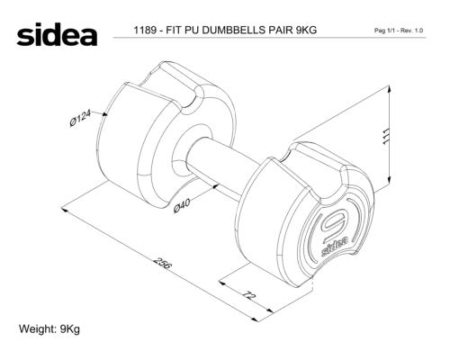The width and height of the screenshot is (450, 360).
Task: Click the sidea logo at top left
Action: click(x=57, y=34)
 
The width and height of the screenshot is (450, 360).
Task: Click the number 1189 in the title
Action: click(x=145, y=30)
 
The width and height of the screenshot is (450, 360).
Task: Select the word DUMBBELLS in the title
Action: click(x=234, y=30)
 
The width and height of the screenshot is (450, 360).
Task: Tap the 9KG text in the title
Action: click(x=306, y=30)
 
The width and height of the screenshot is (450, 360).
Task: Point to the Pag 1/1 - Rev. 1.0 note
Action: click(x=399, y=31)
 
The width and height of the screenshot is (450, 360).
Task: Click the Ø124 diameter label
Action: click(x=80, y=118)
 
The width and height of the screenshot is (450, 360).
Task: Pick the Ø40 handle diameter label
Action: click(x=182, y=205)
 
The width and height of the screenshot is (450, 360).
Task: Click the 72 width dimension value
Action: click(x=248, y=295)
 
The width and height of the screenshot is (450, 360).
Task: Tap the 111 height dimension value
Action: click(x=387, y=137)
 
